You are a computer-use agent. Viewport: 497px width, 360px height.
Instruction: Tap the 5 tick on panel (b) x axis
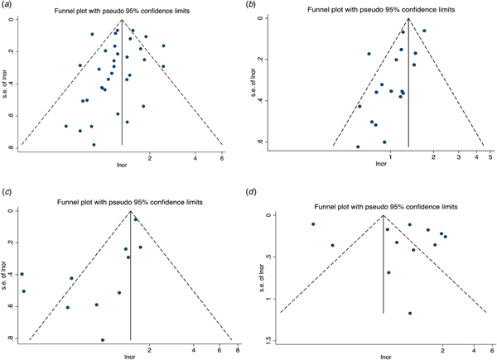click(x=490, y=156)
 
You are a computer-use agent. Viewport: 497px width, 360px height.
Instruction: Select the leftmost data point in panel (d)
click(x=313, y=224)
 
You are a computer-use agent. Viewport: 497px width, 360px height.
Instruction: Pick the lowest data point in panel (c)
click(x=103, y=340)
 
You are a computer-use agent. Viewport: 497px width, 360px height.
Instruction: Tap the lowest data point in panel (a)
click(x=94, y=144)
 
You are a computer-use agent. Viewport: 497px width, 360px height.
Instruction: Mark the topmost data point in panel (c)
click(x=136, y=219)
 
